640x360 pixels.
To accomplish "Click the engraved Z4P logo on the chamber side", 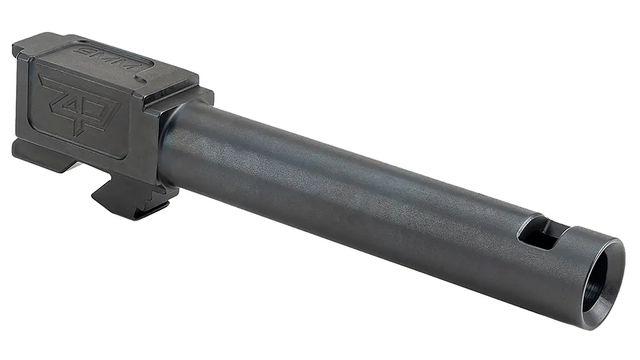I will tap(77, 104).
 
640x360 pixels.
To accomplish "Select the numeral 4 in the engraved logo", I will tap(77, 105).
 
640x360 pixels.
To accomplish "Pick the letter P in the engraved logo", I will tap(100, 115).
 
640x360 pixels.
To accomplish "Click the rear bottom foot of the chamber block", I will tap(36, 154).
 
